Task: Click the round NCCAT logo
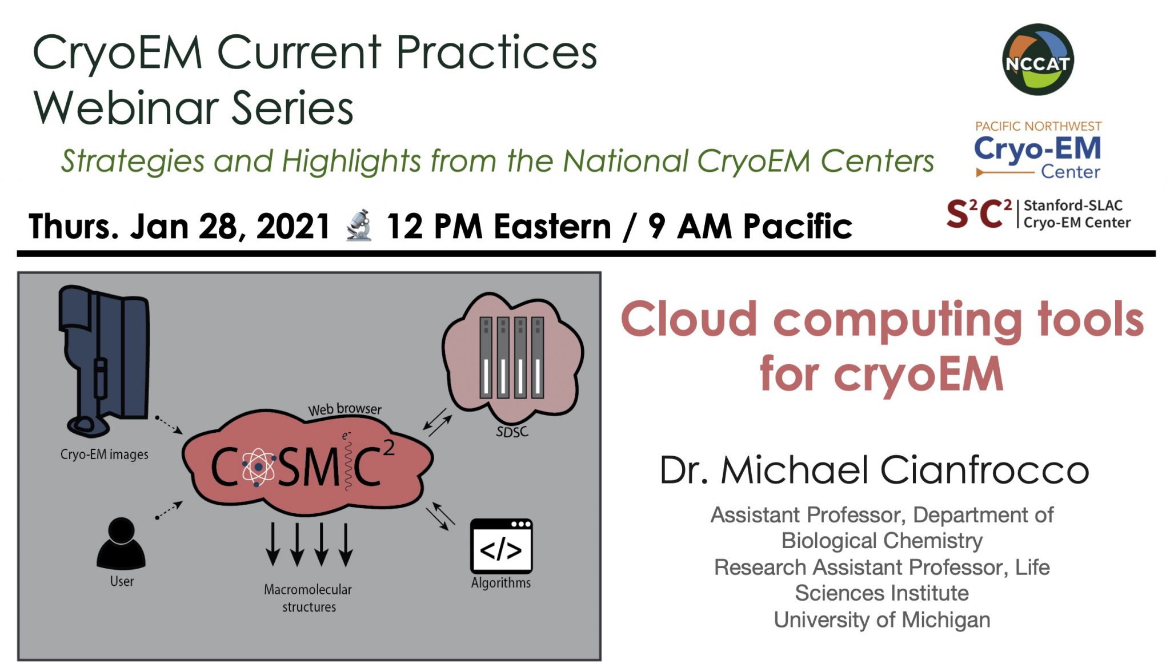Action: click(x=1038, y=59)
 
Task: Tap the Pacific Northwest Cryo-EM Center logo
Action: click(x=1037, y=150)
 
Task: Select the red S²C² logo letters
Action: click(x=979, y=214)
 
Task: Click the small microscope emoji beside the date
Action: click(x=359, y=225)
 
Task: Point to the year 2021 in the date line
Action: click(x=293, y=226)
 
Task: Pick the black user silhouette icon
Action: click(x=121, y=543)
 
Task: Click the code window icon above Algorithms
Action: click(x=501, y=546)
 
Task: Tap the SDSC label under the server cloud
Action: click(x=512, y=432)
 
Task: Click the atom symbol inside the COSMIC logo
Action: click(x=259, y=467)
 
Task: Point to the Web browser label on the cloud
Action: click(x=344, y=409)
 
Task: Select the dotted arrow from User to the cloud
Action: click(x=169, y=510)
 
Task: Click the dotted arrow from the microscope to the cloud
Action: click(x=169, y=425)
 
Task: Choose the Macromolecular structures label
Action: click(x=308, y=598)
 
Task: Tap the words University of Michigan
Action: click(x=881, y=619)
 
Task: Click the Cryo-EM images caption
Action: click(x=105, y=454)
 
